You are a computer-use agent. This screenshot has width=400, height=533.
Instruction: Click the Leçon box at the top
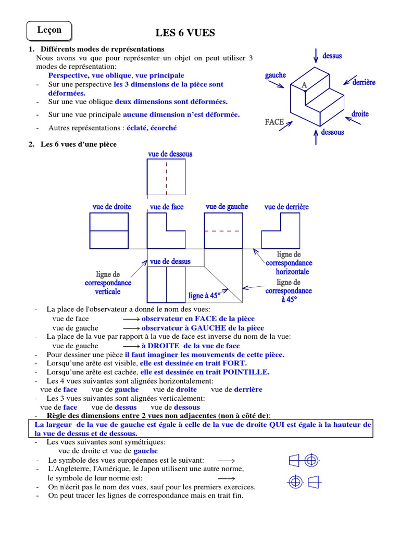49,31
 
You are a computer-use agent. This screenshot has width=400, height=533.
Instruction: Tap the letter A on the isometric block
304,85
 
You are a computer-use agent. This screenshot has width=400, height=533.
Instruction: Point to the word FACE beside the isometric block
274,122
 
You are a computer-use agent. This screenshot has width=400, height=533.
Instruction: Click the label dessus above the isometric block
332,55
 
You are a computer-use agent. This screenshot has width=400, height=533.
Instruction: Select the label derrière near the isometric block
364,82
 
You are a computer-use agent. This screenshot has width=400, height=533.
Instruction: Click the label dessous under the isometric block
332,132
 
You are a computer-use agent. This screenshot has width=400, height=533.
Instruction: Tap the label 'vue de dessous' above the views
170,154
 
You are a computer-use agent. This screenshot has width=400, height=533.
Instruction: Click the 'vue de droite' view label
112,207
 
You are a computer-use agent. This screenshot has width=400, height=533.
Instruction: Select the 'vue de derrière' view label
286,207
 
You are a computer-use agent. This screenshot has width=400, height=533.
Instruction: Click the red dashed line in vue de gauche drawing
223,231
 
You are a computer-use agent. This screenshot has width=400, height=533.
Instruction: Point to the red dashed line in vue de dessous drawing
167,177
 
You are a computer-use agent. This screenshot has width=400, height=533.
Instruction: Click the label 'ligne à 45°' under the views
205,296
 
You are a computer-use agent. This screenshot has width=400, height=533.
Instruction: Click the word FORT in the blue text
235,363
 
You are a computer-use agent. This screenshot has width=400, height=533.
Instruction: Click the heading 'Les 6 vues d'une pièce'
79,144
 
